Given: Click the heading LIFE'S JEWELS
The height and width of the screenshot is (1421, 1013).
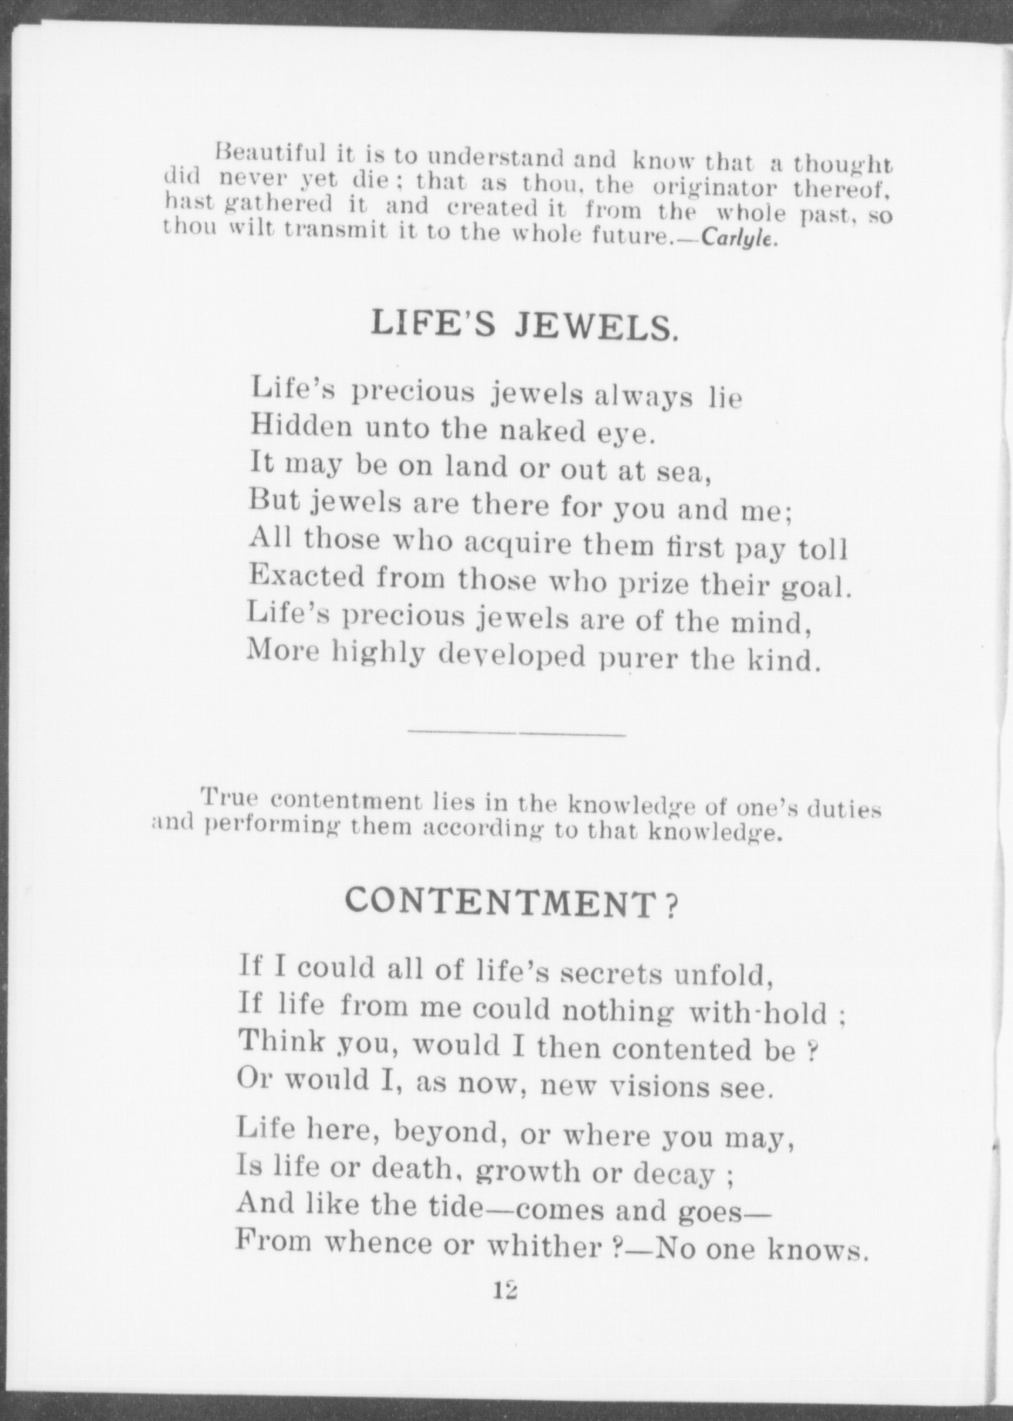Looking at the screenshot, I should point(525,325).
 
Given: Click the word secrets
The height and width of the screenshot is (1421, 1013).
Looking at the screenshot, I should point(610,972).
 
